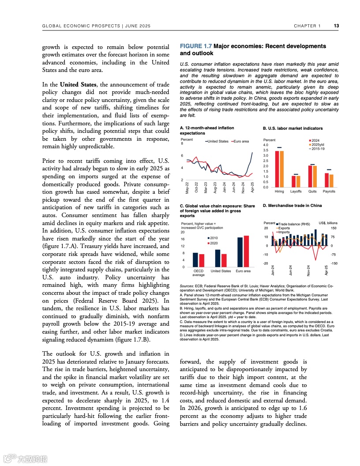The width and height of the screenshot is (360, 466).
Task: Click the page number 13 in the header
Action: (x=336, y=26)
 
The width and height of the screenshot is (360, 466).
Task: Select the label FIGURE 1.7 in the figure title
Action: (x=196, y=46)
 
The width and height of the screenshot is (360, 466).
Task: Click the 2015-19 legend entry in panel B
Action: (x=318, y=149)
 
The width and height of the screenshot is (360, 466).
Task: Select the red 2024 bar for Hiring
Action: (x=277, y=169)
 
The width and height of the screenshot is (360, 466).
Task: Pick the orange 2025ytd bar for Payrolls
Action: (x=331, y=181)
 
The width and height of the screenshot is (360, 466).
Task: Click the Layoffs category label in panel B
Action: (x=296, y=192)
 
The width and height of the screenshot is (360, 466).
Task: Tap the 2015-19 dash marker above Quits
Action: (x=312, y=165)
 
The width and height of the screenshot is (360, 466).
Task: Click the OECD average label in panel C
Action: (x=199, y=273)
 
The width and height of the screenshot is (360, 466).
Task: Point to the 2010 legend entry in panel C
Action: (x=214, y=238)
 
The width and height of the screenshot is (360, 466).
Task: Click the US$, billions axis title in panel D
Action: (x=328, y=223)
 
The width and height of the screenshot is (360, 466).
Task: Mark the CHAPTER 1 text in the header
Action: (x=307, y=26)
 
